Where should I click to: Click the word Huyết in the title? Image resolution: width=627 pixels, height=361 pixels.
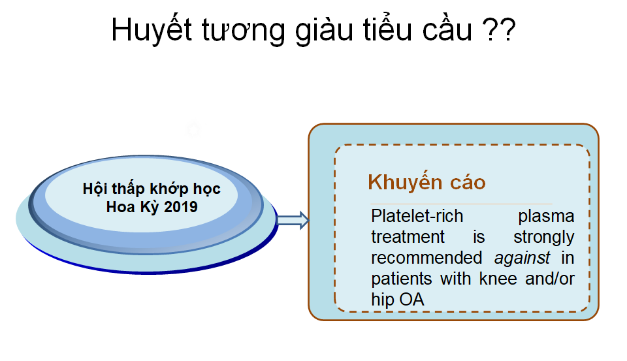[152, 30]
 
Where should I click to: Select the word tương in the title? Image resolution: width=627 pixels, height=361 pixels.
[243, 32]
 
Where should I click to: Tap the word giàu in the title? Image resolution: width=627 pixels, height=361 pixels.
[324, 30]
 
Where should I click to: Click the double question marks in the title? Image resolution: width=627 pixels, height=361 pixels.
[499, 29]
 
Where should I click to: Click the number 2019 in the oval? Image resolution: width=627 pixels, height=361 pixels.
[181, 207]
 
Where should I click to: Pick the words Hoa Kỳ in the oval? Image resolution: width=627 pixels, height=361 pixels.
[133, 207]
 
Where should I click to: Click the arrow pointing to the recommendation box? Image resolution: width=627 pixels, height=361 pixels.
[293, 220]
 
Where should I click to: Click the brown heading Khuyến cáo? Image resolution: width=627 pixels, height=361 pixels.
[426, 182]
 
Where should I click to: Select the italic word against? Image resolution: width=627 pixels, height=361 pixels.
[522, 259]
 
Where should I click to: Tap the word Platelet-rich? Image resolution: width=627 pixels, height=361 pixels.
[417, 216]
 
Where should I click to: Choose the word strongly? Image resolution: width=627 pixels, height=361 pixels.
[544, 238]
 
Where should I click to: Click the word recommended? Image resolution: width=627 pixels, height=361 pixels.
[426, 257]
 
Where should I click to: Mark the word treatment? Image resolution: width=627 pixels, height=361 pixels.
[408, 237]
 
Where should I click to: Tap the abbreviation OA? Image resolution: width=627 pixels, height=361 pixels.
[411, 300]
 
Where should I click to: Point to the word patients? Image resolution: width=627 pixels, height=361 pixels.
[402, 279]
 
